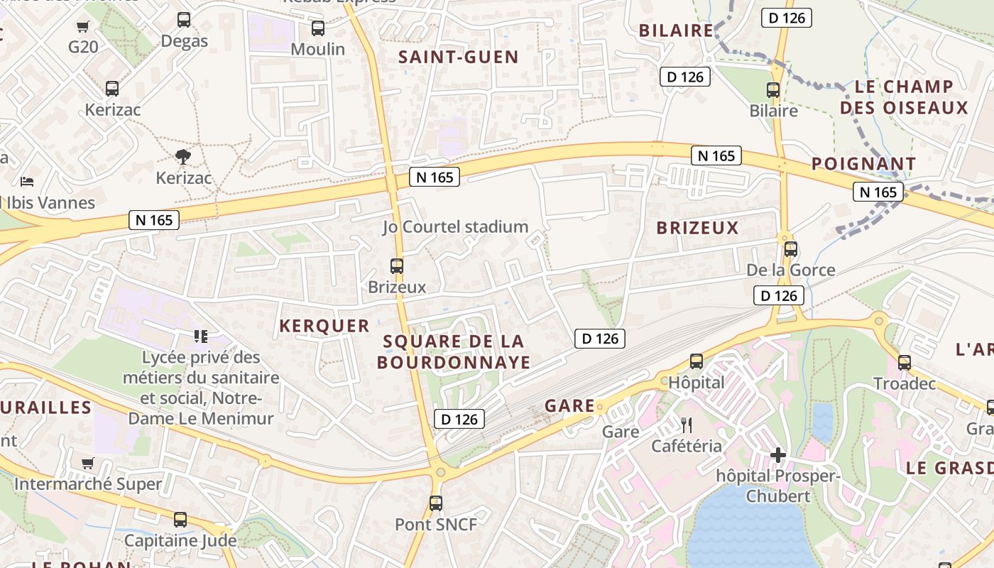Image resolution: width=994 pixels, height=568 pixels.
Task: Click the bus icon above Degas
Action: click(184, 20)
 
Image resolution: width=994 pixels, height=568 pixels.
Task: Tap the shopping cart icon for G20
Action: click(83, 27)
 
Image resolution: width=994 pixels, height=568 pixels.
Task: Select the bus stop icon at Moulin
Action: click(318, 28)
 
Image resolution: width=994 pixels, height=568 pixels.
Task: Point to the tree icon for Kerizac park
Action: click(183, 157)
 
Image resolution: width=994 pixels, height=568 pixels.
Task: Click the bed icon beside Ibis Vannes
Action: click(27, 181)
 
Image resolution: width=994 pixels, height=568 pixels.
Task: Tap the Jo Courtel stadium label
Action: click(455, 227)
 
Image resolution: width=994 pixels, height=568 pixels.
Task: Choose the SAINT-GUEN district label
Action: click(458, 58)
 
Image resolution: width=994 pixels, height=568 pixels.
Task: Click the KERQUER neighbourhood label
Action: click(324, 326)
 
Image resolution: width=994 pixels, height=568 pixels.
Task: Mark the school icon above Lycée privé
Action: click(200, 336)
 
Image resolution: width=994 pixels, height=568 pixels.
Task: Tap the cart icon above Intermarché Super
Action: click(88, 464)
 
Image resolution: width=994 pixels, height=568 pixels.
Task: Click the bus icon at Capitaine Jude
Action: click(180, 519)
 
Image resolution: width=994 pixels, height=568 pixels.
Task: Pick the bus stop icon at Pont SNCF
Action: click(436, 503)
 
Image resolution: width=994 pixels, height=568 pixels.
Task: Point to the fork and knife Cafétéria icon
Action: click(687, 425)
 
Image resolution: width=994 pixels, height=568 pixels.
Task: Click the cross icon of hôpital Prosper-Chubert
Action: click(778, 455)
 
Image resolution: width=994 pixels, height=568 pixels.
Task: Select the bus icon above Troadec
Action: click(905, 363)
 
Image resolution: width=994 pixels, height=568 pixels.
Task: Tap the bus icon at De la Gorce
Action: click(791, 249)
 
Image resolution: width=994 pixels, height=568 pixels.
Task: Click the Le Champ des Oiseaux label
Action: click(903, 97)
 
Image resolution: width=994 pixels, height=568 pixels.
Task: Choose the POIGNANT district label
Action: click(863, 164)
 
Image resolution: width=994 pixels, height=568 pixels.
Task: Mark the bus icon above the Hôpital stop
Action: click(697, 361)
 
